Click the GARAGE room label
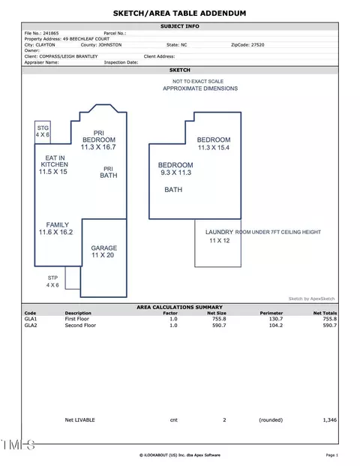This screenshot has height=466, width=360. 104,248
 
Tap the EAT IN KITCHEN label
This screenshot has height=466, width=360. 54,161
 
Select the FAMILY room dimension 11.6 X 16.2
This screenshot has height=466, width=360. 55,232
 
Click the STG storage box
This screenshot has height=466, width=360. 43,132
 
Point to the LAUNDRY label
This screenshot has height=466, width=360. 219,232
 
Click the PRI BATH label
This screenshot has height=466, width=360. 109,173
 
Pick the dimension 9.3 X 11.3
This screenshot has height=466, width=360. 175,173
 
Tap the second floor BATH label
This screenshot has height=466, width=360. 173,190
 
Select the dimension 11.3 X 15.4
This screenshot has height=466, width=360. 214,147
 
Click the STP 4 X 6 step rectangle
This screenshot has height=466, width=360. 73,278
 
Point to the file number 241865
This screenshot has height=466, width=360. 51,33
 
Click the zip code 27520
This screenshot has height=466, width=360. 257,45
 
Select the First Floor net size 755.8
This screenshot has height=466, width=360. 219,319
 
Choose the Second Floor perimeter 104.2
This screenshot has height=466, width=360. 276,326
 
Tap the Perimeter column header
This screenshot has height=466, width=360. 271,313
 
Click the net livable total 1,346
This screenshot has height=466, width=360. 330,420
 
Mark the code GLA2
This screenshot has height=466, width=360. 31,326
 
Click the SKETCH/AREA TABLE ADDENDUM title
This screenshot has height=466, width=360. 180,14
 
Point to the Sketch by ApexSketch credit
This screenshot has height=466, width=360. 311,299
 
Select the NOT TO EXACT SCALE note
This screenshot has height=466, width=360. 198,82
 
